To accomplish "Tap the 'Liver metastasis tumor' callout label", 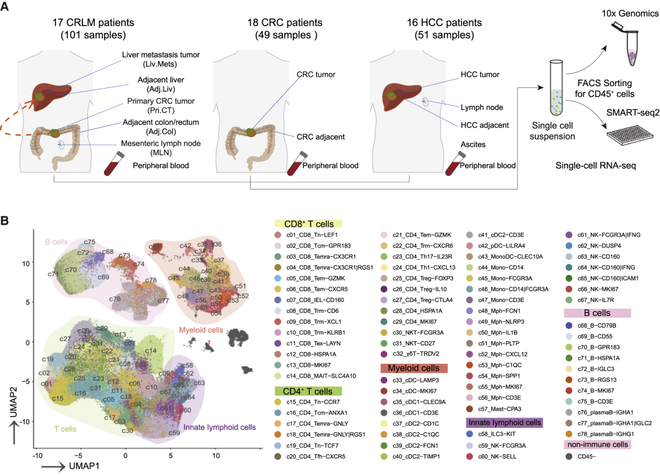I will [161, 55].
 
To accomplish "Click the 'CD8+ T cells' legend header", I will [308, 224].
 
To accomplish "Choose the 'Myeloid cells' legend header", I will [414, 368].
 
